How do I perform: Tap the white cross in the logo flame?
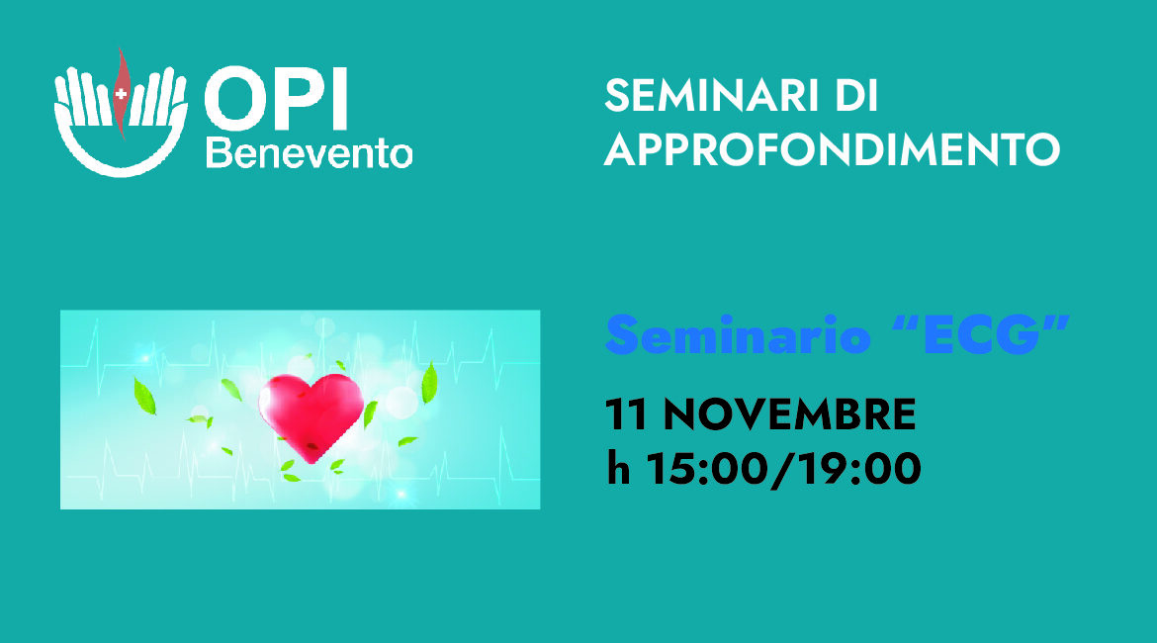tap(121, 94)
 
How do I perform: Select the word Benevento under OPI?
tap(309, 153)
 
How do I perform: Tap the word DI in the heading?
tap(857, 98)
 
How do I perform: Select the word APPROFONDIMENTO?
tap(832, 149)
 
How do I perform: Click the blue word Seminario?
tap(738, 337)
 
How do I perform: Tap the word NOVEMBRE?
tap(789, 415)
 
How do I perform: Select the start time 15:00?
tap(698, 469)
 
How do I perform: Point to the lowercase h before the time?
tap(619, 467)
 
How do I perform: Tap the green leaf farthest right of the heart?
tap(429, 384)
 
